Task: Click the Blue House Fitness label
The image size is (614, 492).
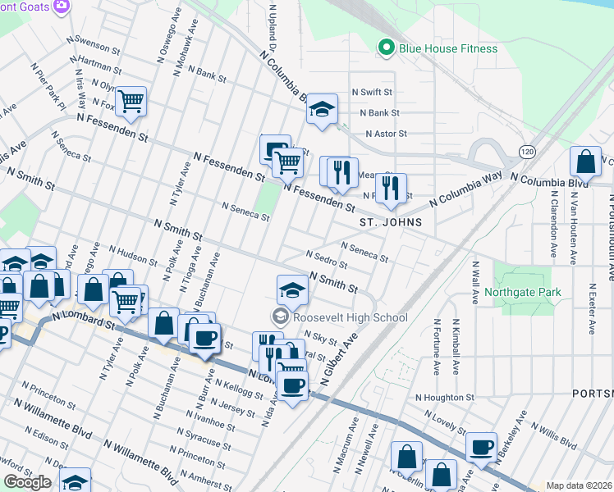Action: (448, 48)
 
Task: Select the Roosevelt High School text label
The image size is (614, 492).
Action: (349, 317)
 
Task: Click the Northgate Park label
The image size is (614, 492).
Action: (522, 292)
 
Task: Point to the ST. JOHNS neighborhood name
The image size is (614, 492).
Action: (391, 222)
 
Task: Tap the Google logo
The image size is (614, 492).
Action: (27, 482)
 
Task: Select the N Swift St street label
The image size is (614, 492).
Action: (372, 93)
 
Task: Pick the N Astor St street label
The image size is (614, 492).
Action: (386, 133)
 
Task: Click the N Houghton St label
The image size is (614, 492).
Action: (444, 397)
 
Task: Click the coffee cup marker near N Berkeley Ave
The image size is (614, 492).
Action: (482, 447)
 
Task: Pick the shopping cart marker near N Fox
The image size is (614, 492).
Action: (131, 101)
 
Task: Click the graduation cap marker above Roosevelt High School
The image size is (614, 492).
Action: (292, 289)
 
